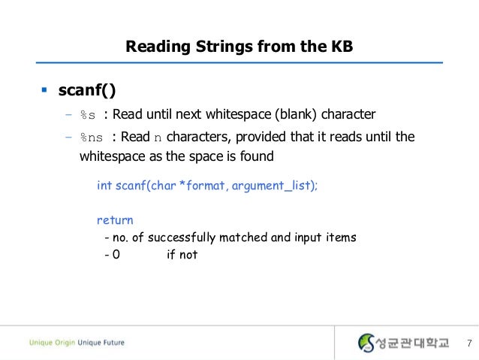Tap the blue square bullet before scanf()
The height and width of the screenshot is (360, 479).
pos(44,91)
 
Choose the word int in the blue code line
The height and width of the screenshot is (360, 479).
pos(104,185)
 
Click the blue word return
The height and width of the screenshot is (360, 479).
pos(115,220)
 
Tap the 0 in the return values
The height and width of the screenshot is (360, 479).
pos(116,255)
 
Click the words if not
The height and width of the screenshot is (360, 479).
pos(182,255)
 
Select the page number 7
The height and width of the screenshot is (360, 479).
pos(468,343)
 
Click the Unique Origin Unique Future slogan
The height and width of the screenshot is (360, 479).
pos(77,343)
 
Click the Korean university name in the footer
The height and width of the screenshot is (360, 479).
pos(412,343)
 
